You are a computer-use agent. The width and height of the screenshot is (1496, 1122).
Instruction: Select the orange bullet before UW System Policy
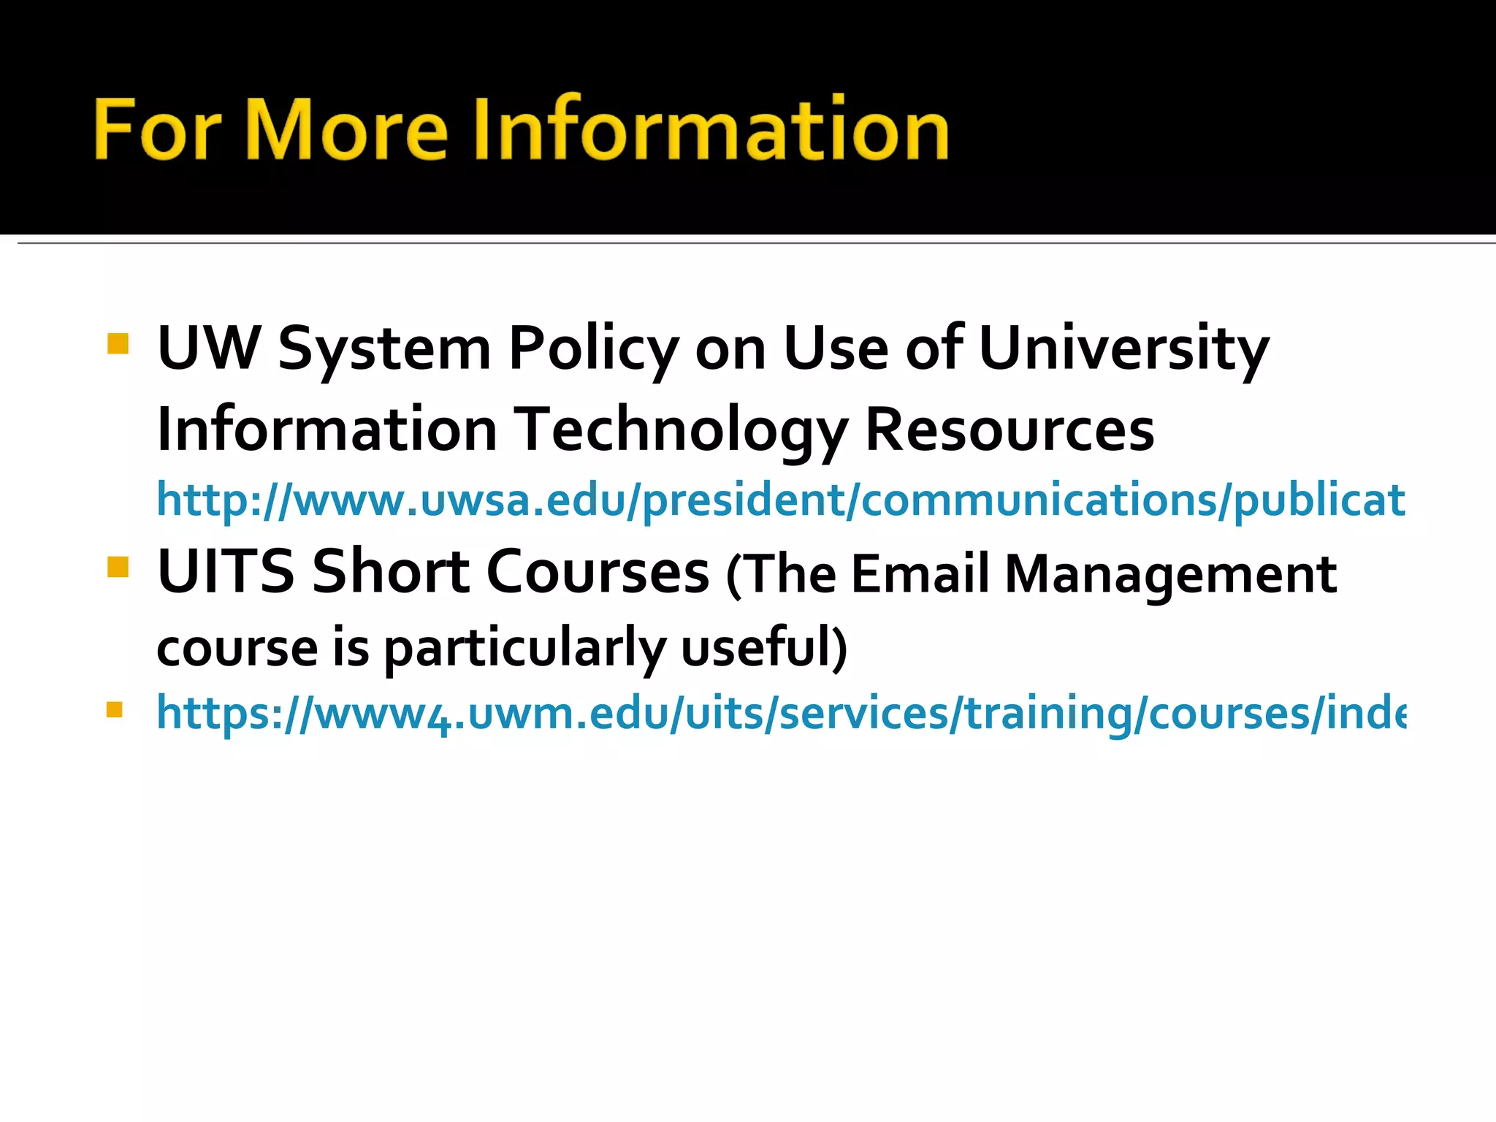coord(117,343)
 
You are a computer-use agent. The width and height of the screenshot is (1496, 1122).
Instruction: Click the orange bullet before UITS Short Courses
coord(117,567)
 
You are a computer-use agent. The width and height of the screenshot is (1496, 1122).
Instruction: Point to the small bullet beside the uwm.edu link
coord(114,709)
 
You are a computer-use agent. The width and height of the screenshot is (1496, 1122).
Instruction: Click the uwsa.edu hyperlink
coord(780,500)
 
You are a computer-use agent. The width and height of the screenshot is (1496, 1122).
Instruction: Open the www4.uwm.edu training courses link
coord(780,713)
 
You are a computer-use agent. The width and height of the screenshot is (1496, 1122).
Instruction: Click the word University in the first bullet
coord(1123,349)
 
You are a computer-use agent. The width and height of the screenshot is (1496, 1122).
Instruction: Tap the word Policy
coord(594,349)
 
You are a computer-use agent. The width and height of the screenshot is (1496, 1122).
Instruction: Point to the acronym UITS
coord(225,571)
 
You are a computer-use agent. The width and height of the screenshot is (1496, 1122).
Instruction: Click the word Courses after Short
coord(597,571)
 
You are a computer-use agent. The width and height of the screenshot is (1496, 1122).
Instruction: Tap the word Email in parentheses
coord(920,574)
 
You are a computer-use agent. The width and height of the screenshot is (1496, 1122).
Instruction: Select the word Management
coord(1169,574)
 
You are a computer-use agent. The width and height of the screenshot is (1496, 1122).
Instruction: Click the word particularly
coord(524,648)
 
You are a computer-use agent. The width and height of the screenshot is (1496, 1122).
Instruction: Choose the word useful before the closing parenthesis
coord(757,648)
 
